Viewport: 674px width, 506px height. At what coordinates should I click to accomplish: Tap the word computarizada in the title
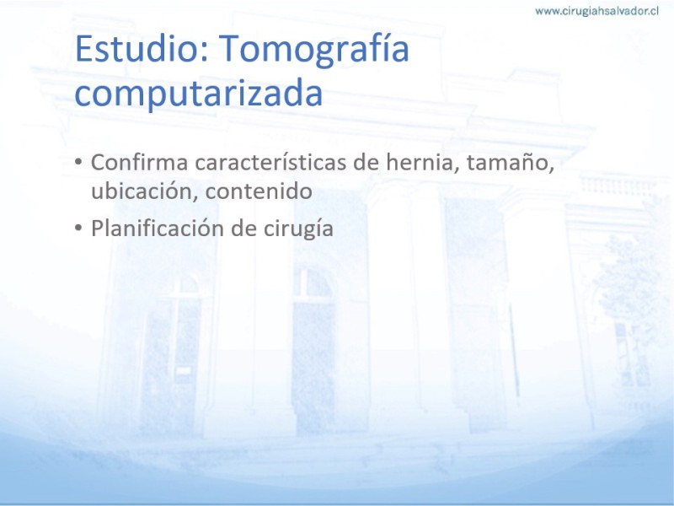click(x=199, y=94)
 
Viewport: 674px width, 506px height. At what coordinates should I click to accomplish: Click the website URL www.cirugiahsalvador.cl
click(x=596, y=11)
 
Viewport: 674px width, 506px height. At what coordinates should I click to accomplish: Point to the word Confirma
click(x=140, y=162)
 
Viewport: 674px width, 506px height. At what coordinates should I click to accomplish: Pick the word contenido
click(x=259, y=191)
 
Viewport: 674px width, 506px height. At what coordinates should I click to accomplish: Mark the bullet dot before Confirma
click(x=78, y=162)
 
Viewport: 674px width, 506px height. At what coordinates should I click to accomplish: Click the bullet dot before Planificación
click(x=78, y=228)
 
